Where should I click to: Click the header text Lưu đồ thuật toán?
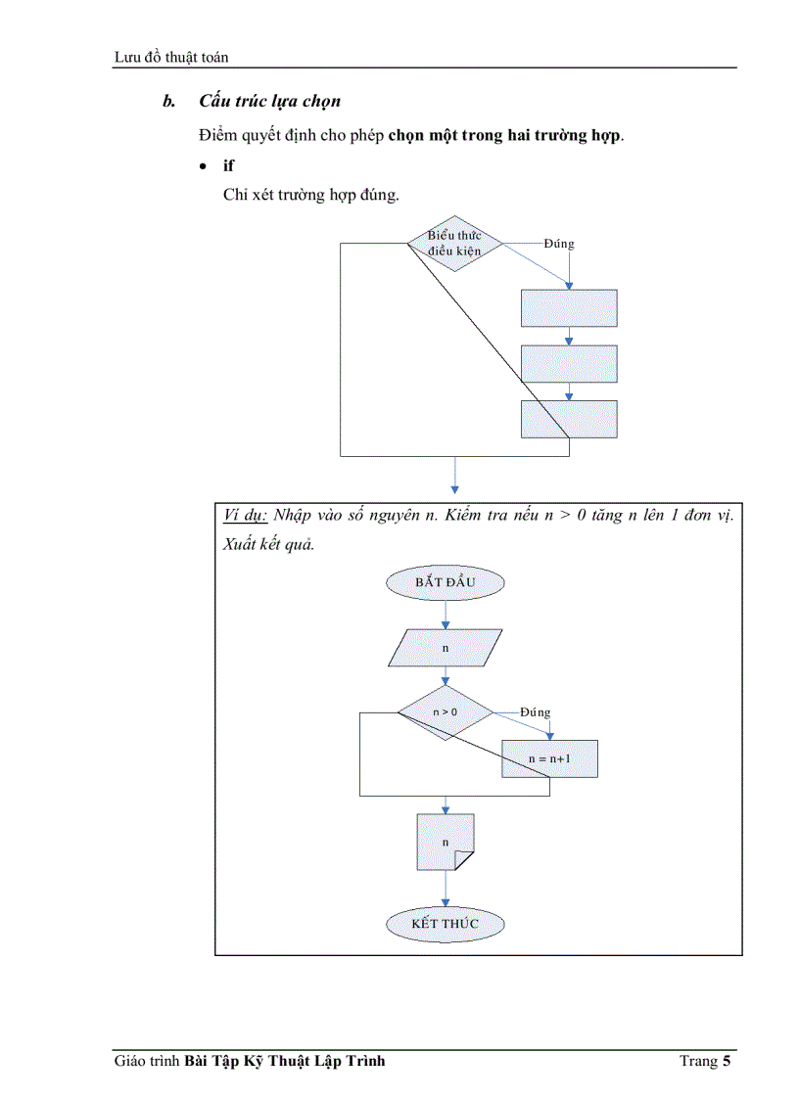tap(171, 57)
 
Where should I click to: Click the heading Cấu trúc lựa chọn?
tap(269, 101)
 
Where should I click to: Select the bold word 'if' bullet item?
tap(228, 166)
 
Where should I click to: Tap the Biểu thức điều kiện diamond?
tap(454, 243)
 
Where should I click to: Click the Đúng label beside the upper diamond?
tap(559, 244)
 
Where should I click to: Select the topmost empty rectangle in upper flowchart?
tap(569, 307)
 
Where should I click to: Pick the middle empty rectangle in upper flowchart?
tap(569, 363)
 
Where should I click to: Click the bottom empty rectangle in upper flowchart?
tap(569, 419)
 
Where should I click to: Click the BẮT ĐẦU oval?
tap(446, 582)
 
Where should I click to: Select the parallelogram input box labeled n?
tap(446, 648)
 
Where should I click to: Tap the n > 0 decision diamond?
tap(446, 712)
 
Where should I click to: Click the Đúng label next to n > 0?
tap(535, 712)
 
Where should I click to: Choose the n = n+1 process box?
tap(549, 758)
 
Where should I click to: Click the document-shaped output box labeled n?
tap(446, 842)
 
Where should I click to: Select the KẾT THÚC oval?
tap(446, 923)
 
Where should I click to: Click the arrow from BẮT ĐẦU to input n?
tap(446, 615)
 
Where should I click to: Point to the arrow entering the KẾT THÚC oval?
tap(446, 890)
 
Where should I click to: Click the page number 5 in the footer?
tap(727, 1061)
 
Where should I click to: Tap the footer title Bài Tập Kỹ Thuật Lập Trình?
tap(284, 1061)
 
